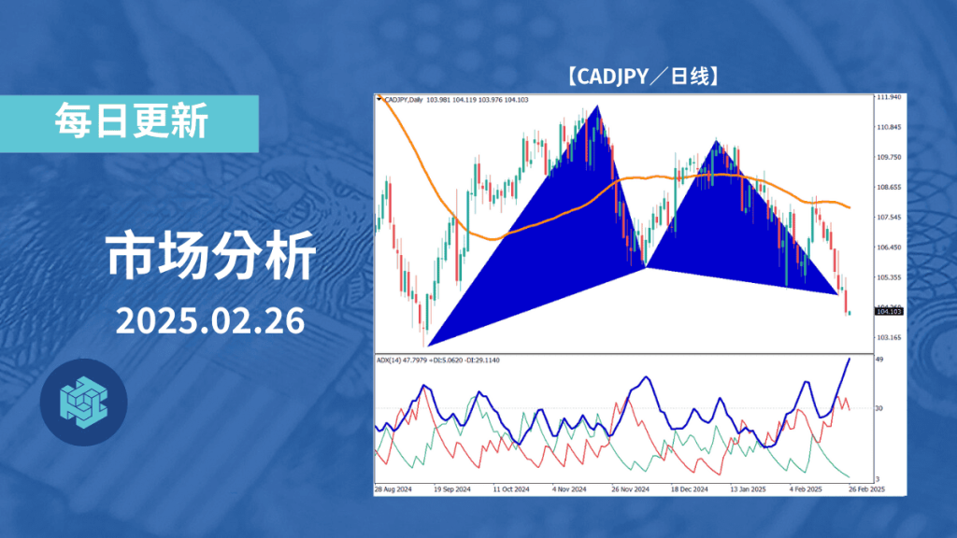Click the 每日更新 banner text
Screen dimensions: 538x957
point(130,121)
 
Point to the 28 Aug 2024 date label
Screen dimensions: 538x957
point(393,488)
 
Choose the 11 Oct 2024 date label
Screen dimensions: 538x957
point(511,488)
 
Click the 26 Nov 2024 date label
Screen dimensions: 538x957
point(631,488)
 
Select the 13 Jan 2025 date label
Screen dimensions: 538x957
point(749,488)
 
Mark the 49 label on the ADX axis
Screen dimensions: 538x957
point(879,359)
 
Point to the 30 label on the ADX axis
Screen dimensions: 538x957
point(879,408)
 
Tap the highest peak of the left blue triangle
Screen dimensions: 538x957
point(595,106)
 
